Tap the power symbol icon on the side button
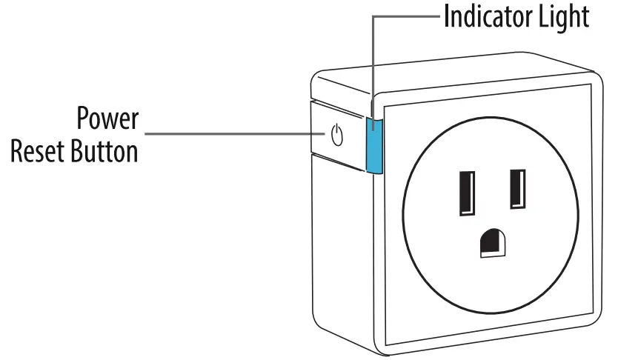(x=337, y=136)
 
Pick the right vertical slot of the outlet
(x=517, y=189)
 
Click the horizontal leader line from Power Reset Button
(x=230, y=135)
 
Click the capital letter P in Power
(x=84, y=119)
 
